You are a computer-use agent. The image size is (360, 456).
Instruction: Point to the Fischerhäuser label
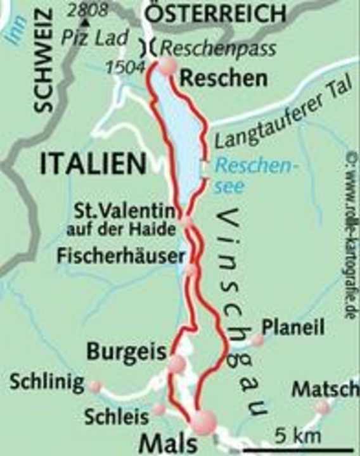(122, 256)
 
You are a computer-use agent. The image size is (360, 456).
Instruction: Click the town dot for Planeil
(257, 341)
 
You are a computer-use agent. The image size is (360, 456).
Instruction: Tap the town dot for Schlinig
(95, 386)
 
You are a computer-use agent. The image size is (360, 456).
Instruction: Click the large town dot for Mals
(204, 422)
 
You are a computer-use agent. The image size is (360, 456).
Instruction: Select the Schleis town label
(116, 416)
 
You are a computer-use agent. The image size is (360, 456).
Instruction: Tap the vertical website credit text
(350, 234)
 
